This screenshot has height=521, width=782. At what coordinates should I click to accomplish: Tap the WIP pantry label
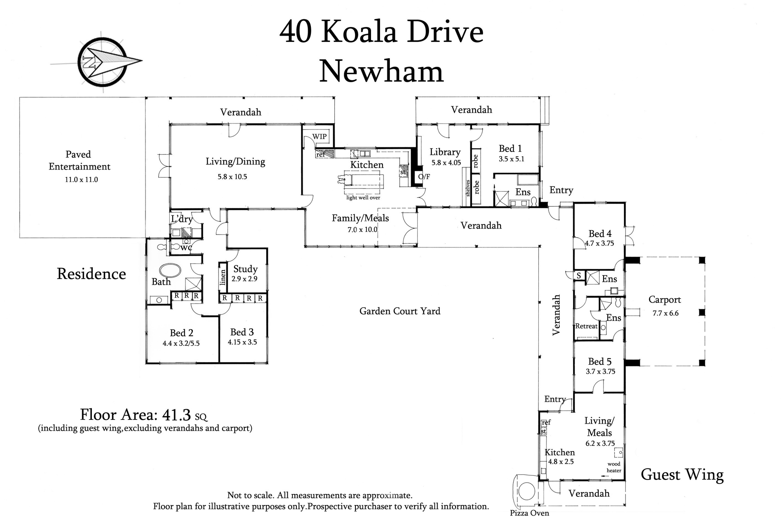[x=319, y=136]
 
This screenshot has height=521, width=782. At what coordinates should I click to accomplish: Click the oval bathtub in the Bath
[x=170, y=270]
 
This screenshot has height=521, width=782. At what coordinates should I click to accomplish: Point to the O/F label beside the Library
[x=424, y=177]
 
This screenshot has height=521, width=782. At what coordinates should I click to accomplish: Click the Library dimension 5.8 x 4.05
[x=446, y=163]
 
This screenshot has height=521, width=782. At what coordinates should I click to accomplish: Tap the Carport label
[x=665, y=300]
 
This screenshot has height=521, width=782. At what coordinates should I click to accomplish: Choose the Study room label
[x=246, y=269]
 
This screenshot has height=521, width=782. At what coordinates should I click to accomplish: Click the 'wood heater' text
[x=614, y=467]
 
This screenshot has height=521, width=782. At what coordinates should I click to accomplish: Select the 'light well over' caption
[x=363, y=198]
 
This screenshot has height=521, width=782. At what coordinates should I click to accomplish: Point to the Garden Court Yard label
[x=400, y=311]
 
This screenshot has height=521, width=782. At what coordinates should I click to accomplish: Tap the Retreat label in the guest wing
[x=586, y=326]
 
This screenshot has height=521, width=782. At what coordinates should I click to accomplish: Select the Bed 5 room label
[x=600, y=362]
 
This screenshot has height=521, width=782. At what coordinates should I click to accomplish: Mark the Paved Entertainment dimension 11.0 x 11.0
[x=81, y=180]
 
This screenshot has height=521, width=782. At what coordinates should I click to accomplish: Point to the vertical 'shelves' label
[x=467, y=188]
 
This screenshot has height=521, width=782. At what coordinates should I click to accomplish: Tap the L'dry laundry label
[x=182, y=219]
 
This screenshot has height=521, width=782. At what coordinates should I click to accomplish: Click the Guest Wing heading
[x=682, y=475]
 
